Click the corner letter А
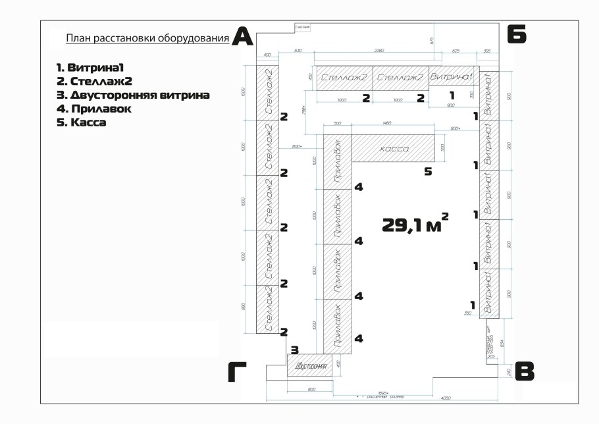243,37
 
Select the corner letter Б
516,34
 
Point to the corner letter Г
238,373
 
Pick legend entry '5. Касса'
82,122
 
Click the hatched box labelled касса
394,148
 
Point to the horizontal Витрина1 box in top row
452,77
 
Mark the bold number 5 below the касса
428,172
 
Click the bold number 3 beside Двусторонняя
295,350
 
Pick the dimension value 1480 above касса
386,122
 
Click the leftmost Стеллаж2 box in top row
344,77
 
